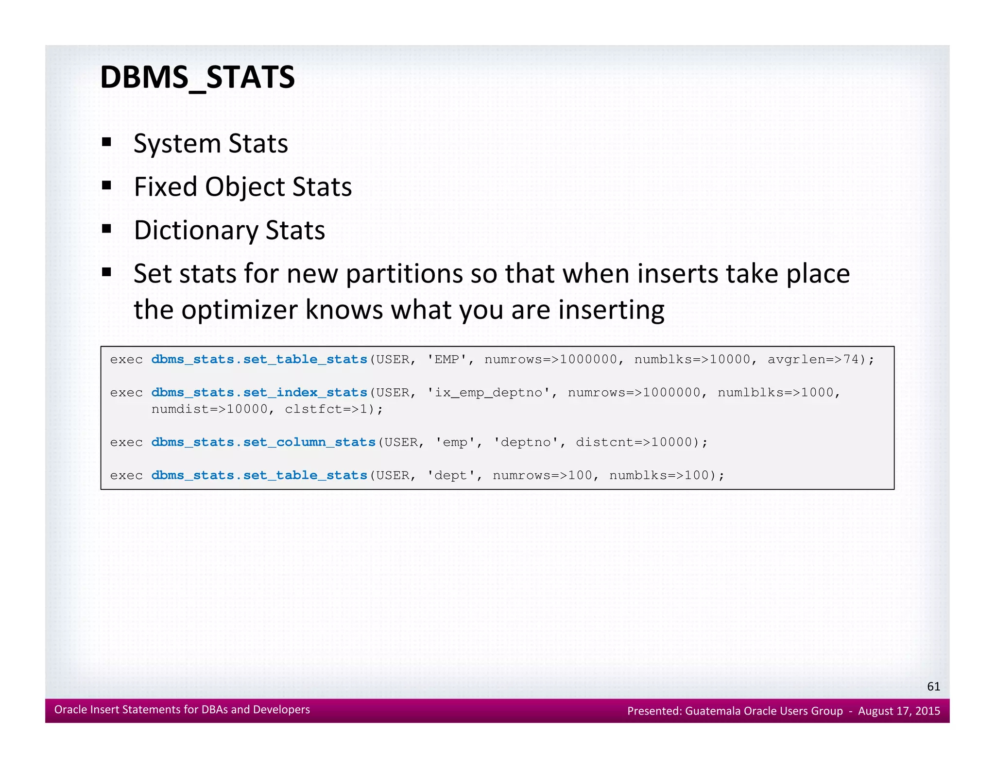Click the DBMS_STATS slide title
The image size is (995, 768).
[197, 78]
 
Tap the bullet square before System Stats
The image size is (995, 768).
[107, 143]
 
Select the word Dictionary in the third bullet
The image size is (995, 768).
[195, 230]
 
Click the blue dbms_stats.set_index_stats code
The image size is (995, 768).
[259, 392]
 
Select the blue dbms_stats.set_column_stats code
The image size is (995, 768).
[263, 442]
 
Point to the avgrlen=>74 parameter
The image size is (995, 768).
[814, 360]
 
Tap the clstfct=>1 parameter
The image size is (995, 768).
[329, 409]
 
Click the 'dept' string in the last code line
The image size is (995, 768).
[451, 475]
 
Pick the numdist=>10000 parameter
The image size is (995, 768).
[209, 409]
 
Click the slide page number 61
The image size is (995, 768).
[933, 686]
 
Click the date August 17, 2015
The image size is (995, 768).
[899, 711]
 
